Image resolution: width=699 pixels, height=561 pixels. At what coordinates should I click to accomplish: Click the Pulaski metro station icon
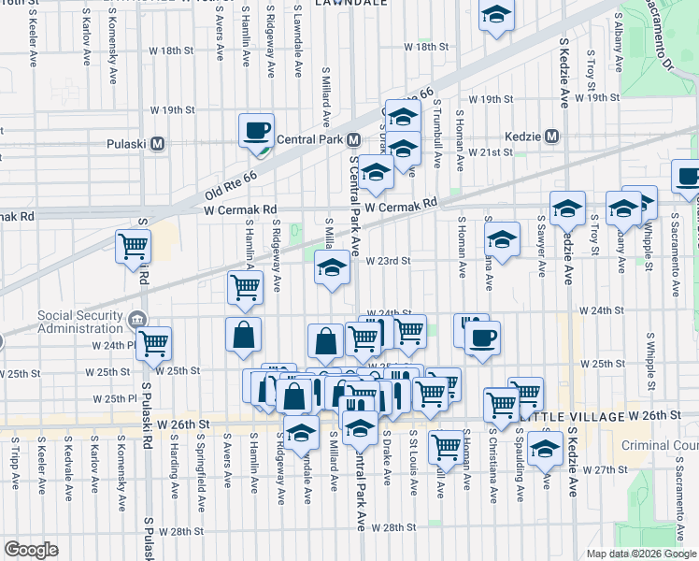(157, 144)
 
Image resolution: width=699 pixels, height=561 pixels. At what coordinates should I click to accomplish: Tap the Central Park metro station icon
(353, 139)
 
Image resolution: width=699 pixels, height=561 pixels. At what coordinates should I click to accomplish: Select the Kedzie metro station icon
(552, 137)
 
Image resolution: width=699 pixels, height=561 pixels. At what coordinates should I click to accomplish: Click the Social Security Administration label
(79, 321)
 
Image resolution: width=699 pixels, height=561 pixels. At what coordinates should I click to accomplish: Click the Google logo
(31, 550)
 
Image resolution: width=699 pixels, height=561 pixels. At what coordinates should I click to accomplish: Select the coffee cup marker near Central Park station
(256, 131)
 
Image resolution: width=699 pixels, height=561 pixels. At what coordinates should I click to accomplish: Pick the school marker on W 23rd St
(332, 267)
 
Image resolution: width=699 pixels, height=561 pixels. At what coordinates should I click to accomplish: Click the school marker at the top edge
(496, 15)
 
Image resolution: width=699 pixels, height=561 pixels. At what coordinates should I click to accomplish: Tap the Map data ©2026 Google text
(640, 554)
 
